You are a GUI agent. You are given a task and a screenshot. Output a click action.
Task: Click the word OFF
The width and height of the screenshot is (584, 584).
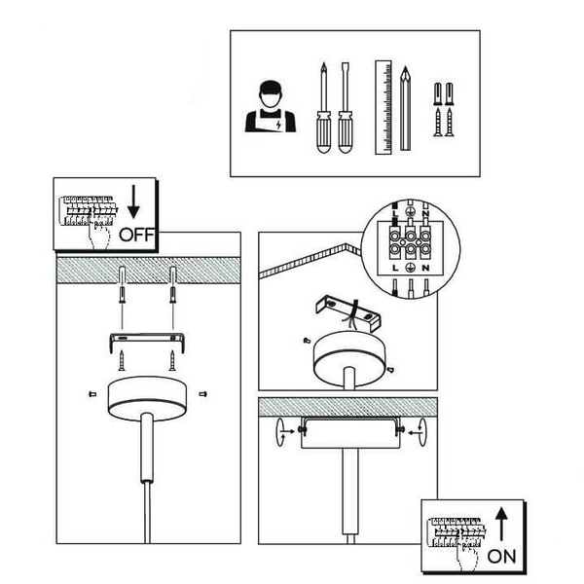coord(136,235)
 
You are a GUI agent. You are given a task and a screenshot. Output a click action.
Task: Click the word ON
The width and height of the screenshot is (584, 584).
coord(501,556)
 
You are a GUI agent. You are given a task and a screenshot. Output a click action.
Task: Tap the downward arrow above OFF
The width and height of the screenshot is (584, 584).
coord(133,201)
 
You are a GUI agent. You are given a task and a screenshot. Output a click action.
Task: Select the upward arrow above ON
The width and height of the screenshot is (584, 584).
coord(501,524)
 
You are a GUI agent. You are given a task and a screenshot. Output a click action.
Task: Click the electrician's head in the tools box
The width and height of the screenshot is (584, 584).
coord(271,94)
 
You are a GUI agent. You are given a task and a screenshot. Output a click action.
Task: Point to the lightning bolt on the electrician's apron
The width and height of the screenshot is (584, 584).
coord(278,125)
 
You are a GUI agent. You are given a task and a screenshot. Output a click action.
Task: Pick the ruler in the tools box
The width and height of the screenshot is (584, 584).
coord(383,107)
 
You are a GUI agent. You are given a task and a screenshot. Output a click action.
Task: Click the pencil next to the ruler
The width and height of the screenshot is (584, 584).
coord(405,108)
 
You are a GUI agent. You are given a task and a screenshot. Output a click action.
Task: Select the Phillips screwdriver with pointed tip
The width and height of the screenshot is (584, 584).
coord(324,108)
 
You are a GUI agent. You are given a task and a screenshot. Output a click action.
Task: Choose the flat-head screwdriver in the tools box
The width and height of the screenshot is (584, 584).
coord(346,108)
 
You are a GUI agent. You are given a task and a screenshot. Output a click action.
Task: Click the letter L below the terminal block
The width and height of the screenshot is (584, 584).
coord(395,268)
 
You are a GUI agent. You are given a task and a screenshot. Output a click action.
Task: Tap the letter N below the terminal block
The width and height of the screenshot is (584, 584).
coord(425,268)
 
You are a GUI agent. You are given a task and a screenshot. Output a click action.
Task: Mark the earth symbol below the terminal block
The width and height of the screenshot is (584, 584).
coord(410,267)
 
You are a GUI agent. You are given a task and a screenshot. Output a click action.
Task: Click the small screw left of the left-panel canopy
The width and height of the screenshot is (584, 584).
coord(92,393)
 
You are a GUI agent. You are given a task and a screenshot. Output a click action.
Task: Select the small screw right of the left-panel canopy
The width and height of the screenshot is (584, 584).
coord(203,393)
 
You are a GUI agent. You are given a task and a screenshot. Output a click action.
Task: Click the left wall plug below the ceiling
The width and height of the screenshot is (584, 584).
coord(123,295)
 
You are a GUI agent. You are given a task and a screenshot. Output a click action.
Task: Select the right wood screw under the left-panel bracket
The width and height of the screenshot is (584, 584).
coord(172,360)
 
